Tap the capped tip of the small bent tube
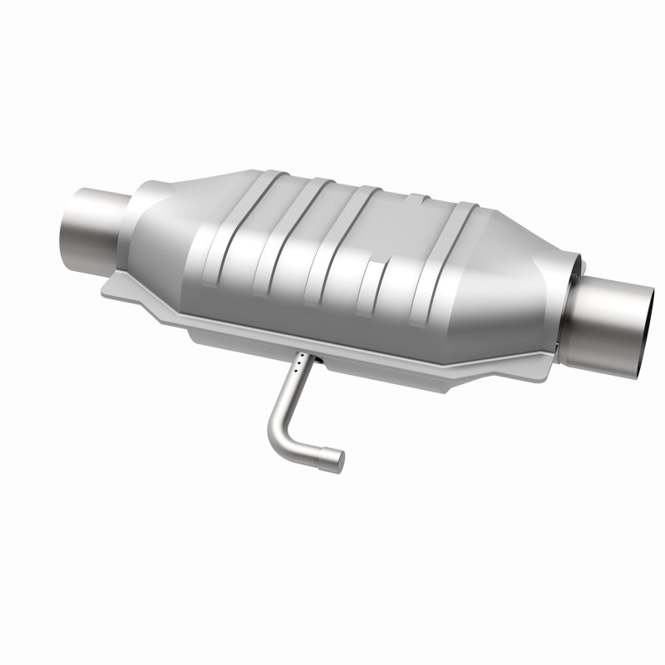pos(335,459)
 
